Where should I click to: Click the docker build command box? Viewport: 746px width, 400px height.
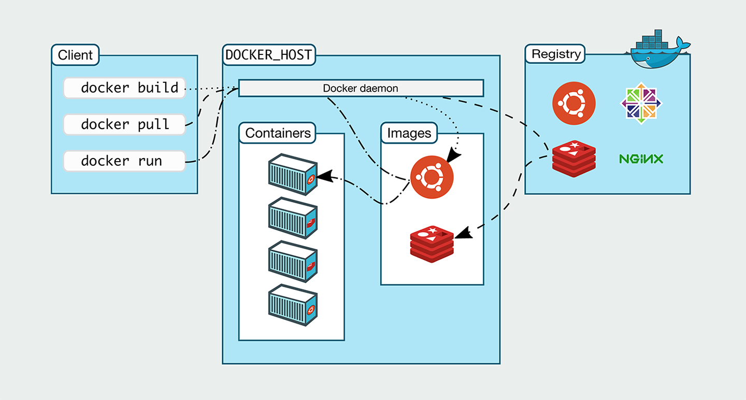click(x=124, y=88)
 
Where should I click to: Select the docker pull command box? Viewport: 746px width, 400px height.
click(x=124, y=125)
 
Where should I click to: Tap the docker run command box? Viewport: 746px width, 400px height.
click(x=124, y=161)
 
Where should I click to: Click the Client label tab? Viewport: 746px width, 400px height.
click(x=75, y=55)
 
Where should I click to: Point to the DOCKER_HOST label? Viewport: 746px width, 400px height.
click(x=269, y=54)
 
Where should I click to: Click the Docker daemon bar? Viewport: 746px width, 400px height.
click(x=361, y=88)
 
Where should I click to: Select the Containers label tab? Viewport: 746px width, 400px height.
click(x=278, y=133)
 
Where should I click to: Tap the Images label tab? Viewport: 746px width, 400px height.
click(x=409, y=133)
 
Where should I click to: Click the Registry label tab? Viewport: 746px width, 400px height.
click(x=556, y=54)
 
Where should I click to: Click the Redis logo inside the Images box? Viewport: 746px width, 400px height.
click(x=432, y=244)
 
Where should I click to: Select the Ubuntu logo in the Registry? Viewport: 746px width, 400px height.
click(x=573, y=104)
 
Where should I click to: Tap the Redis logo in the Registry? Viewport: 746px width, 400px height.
click(x=573, y=159)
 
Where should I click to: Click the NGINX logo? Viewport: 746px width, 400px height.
click(x=641, y=159)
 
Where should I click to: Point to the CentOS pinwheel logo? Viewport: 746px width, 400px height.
click(x=641, y=103)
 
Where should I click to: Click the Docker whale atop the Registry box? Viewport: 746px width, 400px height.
click(x=658, y=51)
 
